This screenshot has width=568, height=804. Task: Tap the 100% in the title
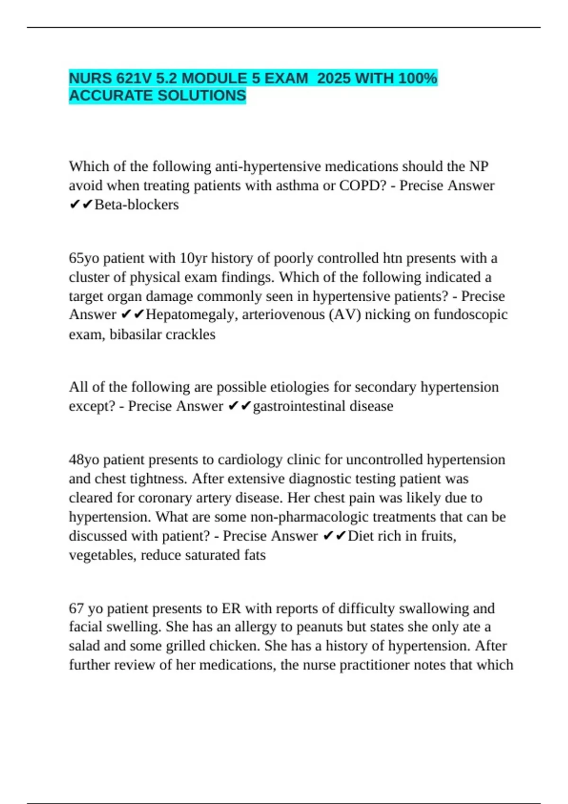[x=417, y=78]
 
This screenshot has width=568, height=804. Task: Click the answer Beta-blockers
[x=137, y=205]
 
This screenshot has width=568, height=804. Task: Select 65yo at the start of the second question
[x=84, y=258]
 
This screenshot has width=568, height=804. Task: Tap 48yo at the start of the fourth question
[x=84, y=460]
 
